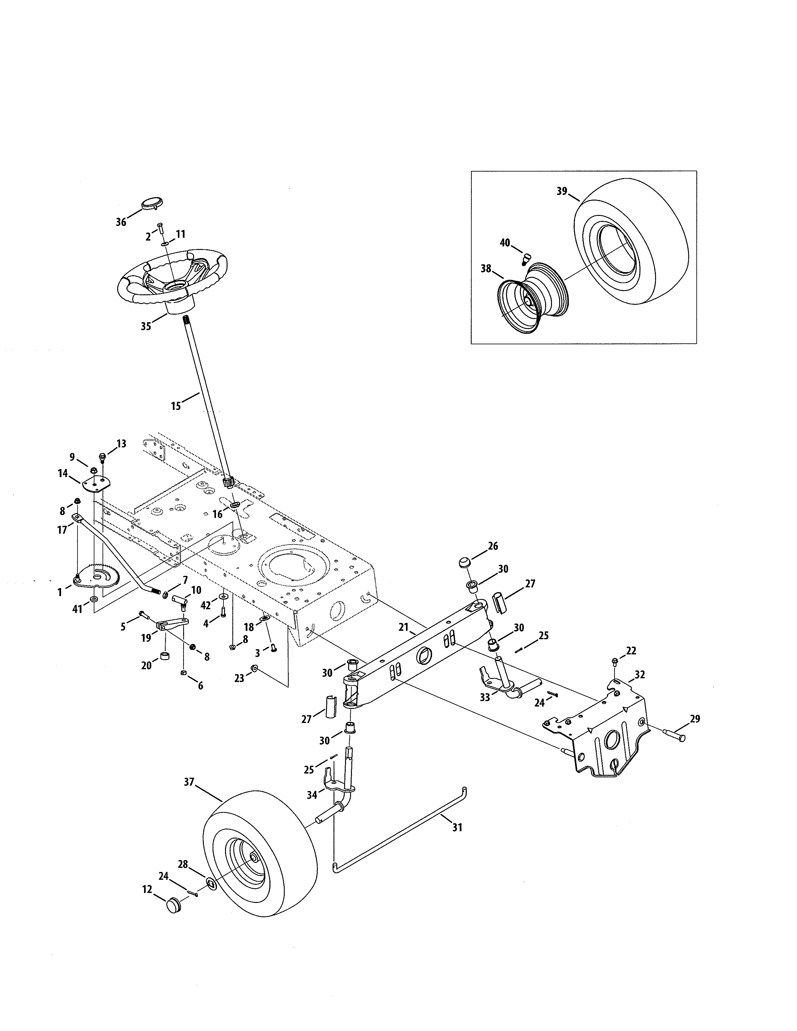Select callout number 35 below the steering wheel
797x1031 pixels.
pos(146,326)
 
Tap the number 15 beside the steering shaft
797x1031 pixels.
pos(176,406)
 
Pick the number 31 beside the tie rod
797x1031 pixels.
pos(457,828)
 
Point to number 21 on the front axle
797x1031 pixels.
pos(403,627)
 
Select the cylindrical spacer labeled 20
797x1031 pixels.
pos(165,657)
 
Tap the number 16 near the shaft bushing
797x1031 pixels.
pos(217,514)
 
